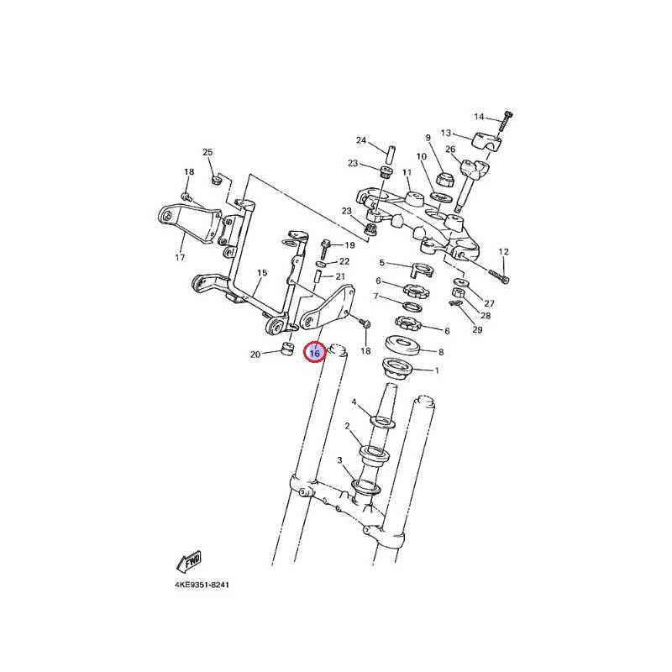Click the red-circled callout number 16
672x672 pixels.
[x=314, y=353]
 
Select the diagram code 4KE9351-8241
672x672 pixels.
[x=202, y=585]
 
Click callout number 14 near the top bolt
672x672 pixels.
[x=479, y=117]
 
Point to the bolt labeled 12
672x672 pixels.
[x=498, y=276]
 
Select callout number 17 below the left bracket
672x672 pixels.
[x=180, y=257]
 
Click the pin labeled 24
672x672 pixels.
[x=391, y=155]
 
